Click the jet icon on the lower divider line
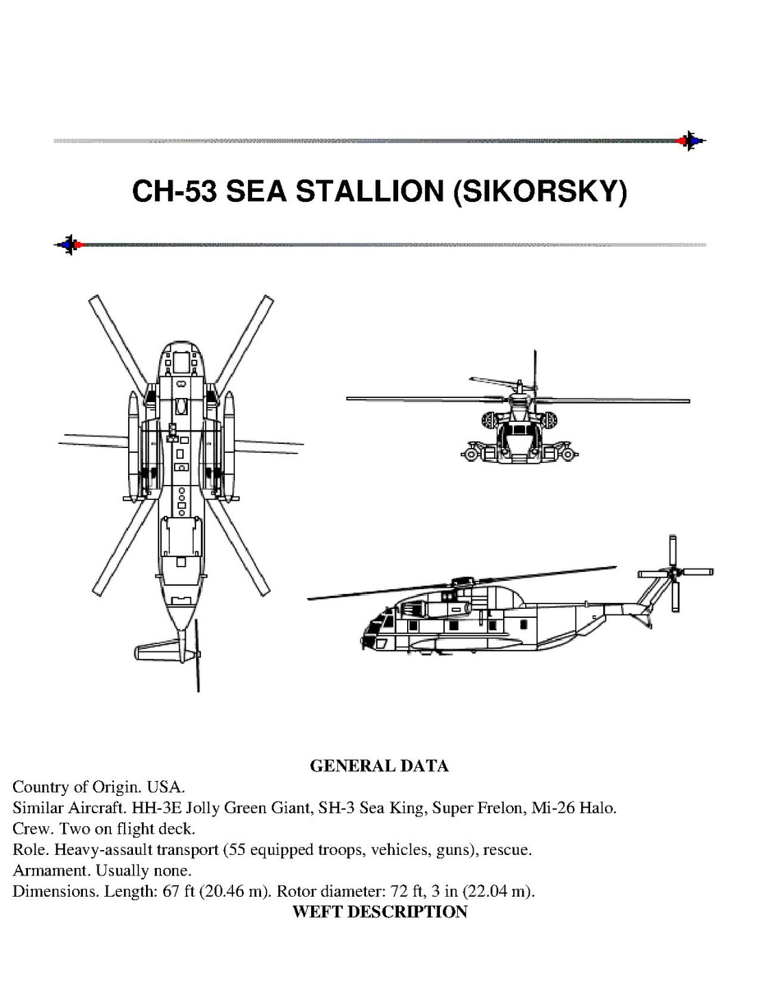68,244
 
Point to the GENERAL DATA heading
379,766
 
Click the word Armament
52,870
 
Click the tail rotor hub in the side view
673,572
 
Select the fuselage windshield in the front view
519,429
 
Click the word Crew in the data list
33,829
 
